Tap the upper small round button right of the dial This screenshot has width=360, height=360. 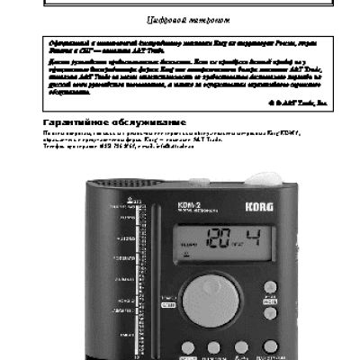point(270,287)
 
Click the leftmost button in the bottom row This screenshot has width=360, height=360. point(186,346)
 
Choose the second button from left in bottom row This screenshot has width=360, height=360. point(214,346)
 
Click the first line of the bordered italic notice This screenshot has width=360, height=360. point(180,43)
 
